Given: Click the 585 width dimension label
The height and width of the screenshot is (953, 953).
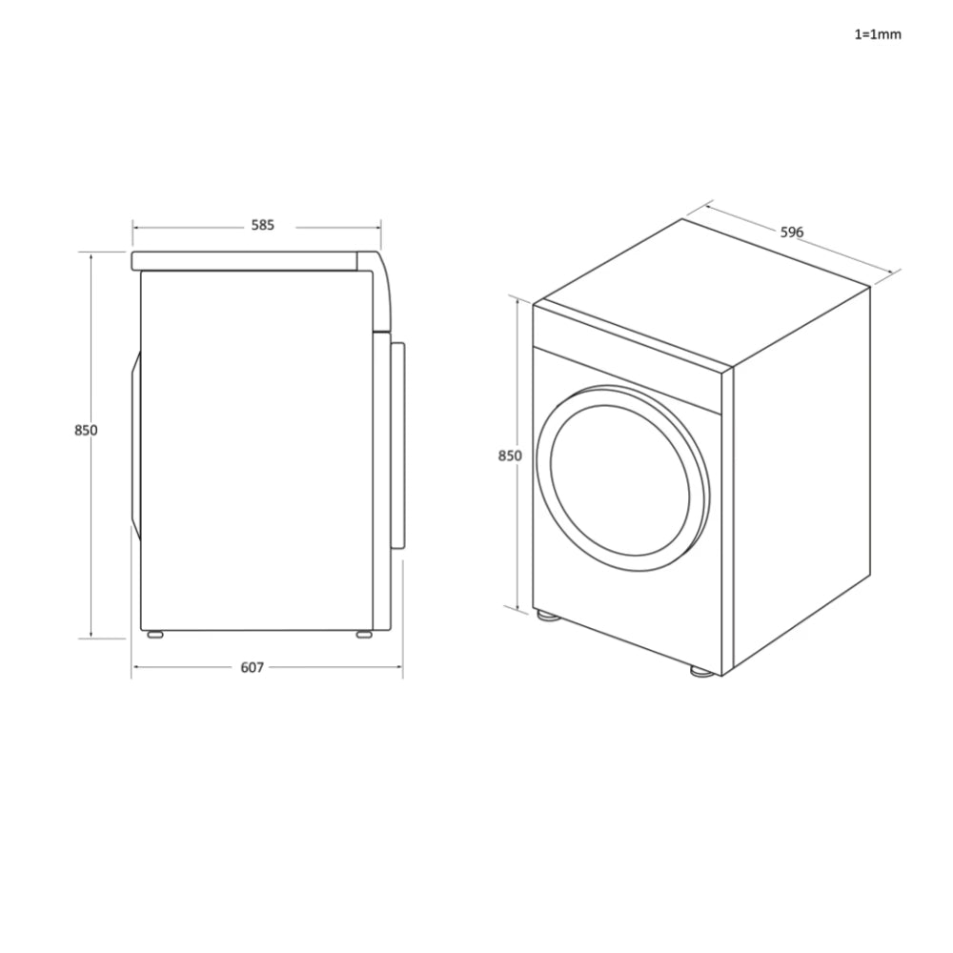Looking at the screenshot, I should (263, 226).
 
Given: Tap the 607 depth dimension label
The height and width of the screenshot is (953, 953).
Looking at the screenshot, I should (252, 667).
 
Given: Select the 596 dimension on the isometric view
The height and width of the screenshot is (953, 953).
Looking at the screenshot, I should (792, 232).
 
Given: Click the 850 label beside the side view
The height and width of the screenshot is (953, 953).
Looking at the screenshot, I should (86, 430).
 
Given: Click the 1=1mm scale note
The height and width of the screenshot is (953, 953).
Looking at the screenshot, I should (877, 34).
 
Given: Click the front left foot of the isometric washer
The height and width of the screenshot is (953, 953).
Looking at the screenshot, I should (547, 616).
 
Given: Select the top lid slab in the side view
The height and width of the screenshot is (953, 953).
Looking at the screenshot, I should (248, 260).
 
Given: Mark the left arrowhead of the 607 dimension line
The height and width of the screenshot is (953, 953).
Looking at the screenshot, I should (134, 667).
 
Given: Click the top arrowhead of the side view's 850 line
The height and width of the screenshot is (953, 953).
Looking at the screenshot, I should (91, 254).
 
